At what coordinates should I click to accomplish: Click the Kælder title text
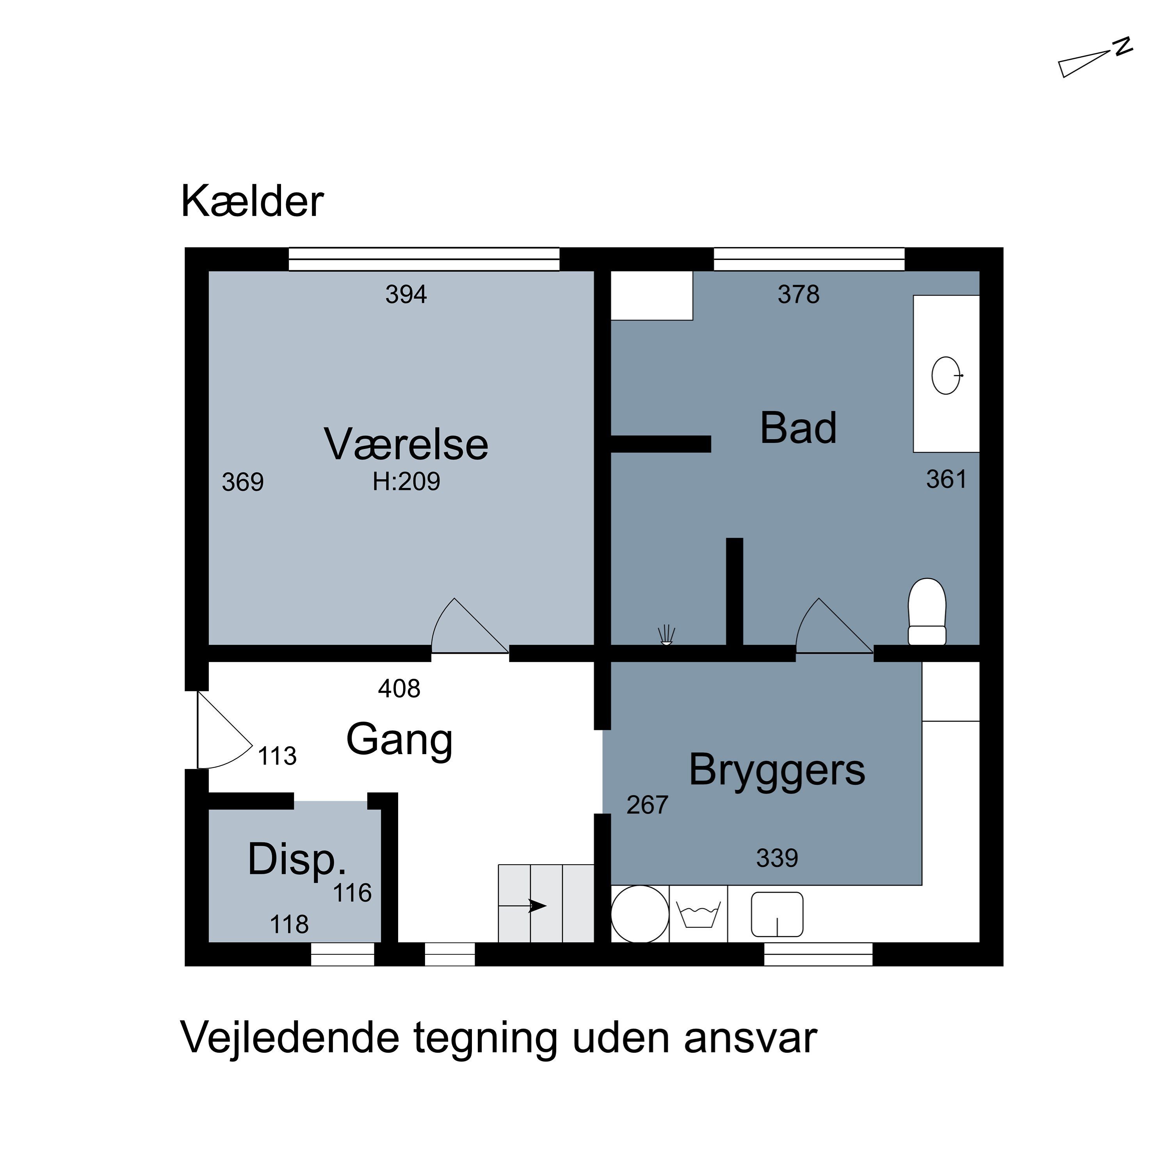[252, 201]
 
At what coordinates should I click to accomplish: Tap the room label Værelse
[406, 444]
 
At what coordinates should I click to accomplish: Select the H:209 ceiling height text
[406, 481]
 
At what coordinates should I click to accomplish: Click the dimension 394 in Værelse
[406, 295]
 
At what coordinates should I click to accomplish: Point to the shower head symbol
[666, 634]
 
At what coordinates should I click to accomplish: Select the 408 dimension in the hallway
[399, 689]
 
